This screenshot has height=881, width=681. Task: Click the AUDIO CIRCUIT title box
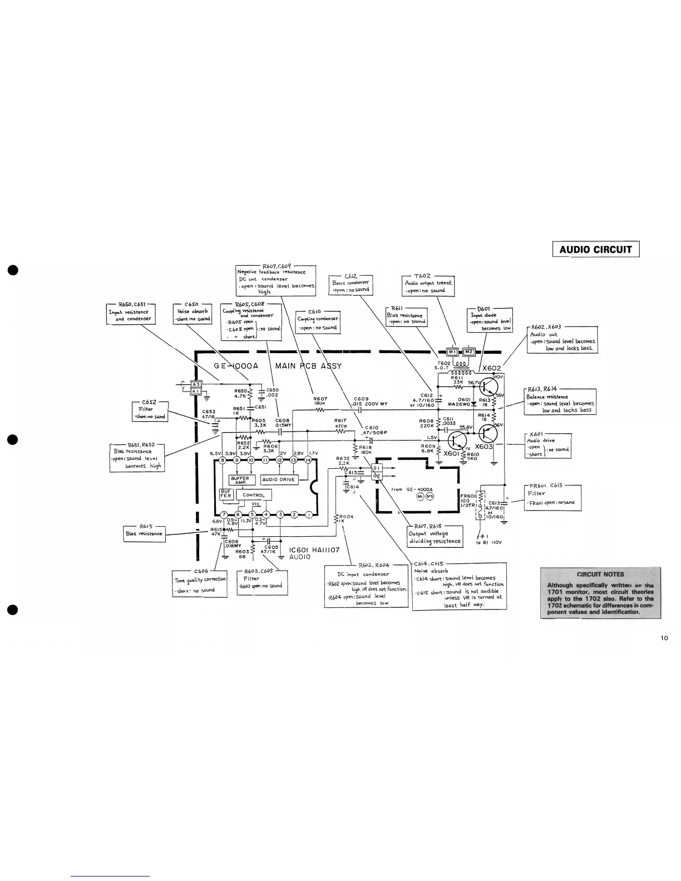(x=595, y=249)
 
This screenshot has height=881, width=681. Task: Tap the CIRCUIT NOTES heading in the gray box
(x=600, y=575)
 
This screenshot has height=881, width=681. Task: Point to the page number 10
(x=664, y=638)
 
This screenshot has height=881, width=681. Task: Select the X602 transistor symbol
(x=489, y=385)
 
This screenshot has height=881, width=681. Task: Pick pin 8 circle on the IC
(x=223, y=459)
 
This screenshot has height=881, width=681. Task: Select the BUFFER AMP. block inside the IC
(x=243, y=479)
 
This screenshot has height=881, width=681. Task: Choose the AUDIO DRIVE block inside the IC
(x=278, y=479)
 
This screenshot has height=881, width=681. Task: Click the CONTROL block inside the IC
(x=253, y=495)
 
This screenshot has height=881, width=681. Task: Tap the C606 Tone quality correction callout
(x=200, y=583)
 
